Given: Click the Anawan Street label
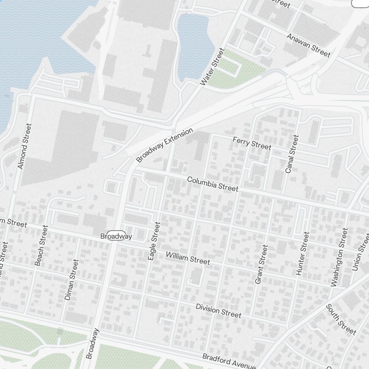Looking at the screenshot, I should pos(308,45).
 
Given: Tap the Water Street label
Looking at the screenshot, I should pos(212,67).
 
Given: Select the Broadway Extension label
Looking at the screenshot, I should pos(165,145).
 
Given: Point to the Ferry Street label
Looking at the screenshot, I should pos(252,143).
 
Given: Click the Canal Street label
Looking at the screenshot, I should pos(292,154).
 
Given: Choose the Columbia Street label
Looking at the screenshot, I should pos(213,184).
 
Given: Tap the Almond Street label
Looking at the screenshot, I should pos(25,146).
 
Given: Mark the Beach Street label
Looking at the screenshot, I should pos(41,245).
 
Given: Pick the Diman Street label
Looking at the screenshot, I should pos(72,279).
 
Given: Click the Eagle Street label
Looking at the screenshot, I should pos(154,241).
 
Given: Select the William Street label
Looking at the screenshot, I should pos(188,258).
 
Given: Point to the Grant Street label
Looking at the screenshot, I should pos(261,265).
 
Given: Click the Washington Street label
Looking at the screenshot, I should pos(339,257).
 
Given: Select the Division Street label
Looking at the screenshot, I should pos(218,311).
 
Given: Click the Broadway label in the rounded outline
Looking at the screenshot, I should pos(116,237).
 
